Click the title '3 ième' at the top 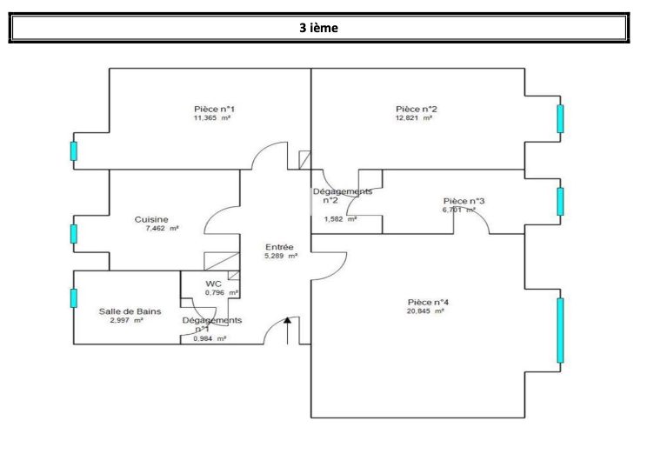coord(318,28)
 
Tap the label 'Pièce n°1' coord(213,109)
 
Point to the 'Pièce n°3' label coord(464,201)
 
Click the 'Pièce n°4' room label coord(428,302)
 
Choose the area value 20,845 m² coord(426,311)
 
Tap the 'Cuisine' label coord(151,219)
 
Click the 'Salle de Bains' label coord(123,310)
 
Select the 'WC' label coord(213,284)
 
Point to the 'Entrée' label coord(279,247)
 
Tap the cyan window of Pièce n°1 coord(74,151)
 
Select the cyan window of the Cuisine coord(74,233)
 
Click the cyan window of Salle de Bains coord(74,297)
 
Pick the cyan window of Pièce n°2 coord(560,118)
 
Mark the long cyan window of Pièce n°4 coord(560,330)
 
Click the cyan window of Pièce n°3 coord(560,201)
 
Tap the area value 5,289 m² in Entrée coord(282,257)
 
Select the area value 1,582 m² coord(340,219)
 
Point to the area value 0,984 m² coord(210,338)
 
